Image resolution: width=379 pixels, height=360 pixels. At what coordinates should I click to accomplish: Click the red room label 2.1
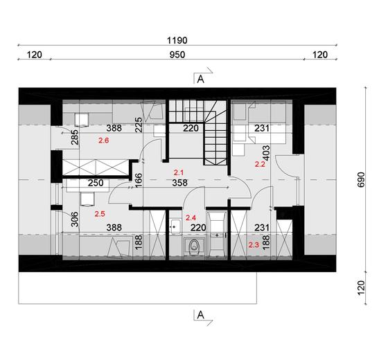point(178,172)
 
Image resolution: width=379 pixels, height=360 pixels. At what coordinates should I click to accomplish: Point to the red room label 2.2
point(261,165)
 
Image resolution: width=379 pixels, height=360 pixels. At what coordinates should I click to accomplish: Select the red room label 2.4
point(192,217)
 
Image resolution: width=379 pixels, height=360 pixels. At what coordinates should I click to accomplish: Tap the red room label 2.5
point(99,215)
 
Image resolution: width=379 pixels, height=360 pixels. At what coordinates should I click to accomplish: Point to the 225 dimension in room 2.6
point(157,125)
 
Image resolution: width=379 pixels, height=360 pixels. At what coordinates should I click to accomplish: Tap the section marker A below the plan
point(200,315)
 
